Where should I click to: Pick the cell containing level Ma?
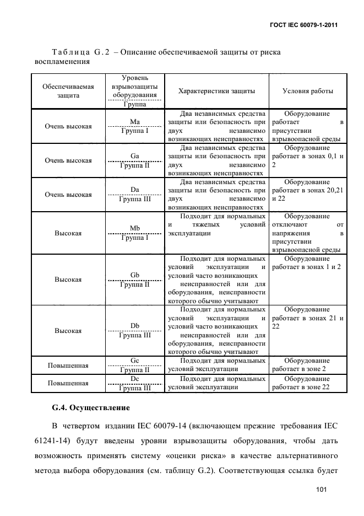(134, 121)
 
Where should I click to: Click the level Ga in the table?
(134, 156)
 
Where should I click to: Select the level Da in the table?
(134, 190)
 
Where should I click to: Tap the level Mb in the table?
(134, 228)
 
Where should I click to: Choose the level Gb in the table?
(134, 275)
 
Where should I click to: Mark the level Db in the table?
(134, 326)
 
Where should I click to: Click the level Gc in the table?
(134, 360)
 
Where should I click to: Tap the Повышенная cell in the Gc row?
(68, 365)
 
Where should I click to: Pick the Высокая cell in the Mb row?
(68, 233)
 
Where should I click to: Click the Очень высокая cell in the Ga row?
(68, 160)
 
